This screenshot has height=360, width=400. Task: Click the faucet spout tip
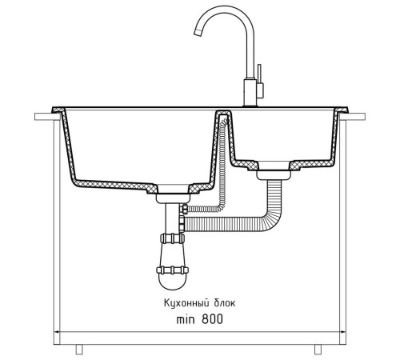click(198, 32)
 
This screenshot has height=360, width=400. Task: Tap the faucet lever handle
click(259, 74)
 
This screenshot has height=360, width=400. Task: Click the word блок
click(224, 303)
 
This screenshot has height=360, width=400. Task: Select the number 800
click(212, 319)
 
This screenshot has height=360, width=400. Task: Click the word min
click(186, 319)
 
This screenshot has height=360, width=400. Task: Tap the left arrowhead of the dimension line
click(57, 332)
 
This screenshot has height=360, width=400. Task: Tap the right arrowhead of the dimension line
click(343, 332)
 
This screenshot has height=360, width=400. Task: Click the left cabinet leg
click(79, 350)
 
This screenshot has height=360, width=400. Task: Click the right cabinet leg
click(318, 350)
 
